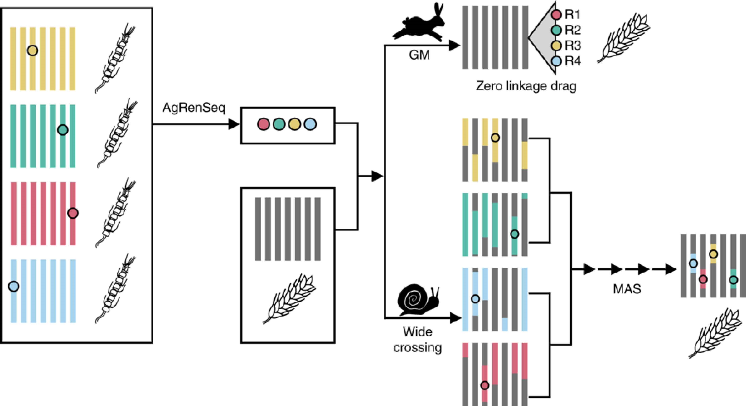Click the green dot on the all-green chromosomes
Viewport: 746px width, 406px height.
pyautogui.click(x=63, y=130)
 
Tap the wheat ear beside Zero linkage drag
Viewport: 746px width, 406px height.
pyautogui.click(x=624, y=38)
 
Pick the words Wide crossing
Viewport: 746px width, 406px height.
pyautogui.click(x=418, y=339)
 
